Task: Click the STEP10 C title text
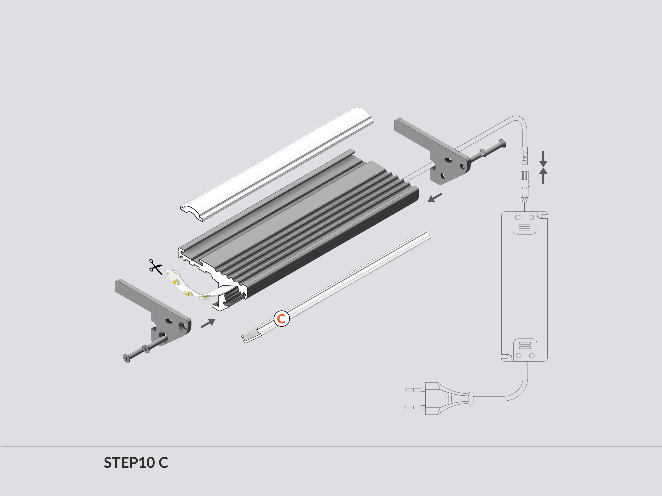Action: (136, 462)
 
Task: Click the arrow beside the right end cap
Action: (435, 198)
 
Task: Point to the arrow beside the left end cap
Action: (208, 323)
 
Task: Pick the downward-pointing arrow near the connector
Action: (543, 159)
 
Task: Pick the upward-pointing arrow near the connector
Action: (543, 176)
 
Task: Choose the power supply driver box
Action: (524, 286)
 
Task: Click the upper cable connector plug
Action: (525, 156)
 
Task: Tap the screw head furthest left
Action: (127, 358)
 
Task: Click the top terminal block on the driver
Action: (524, 223)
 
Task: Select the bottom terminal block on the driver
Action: (525, 350)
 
